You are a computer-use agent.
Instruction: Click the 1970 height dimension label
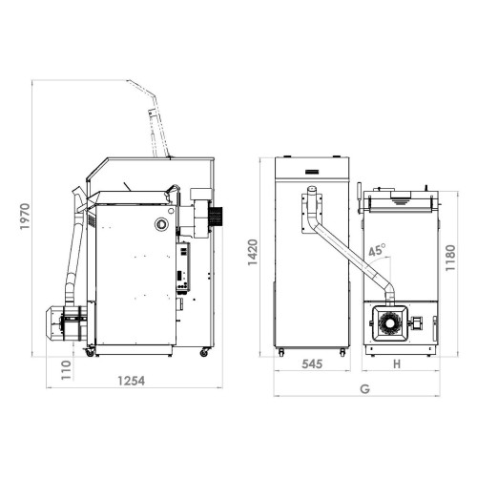coord(25,217)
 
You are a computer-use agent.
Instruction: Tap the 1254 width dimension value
coord(132,381)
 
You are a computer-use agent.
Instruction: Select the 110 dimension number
coord(66,370)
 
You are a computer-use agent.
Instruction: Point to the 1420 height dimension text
coord(253,253)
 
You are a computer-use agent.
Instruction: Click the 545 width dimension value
coord(312,363)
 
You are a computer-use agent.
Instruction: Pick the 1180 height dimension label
coord(450,258)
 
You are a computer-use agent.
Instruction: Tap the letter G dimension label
coord(365,389)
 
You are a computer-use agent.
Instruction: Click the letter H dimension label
coord(397,364)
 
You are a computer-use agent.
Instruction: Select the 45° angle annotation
coord(377,250)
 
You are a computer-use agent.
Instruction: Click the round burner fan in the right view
coord(389,323)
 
